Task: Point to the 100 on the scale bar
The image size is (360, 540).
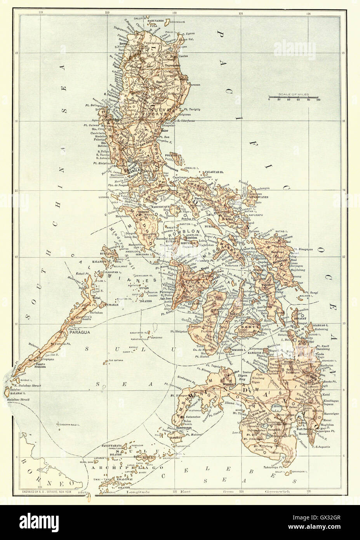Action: (318, 100)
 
